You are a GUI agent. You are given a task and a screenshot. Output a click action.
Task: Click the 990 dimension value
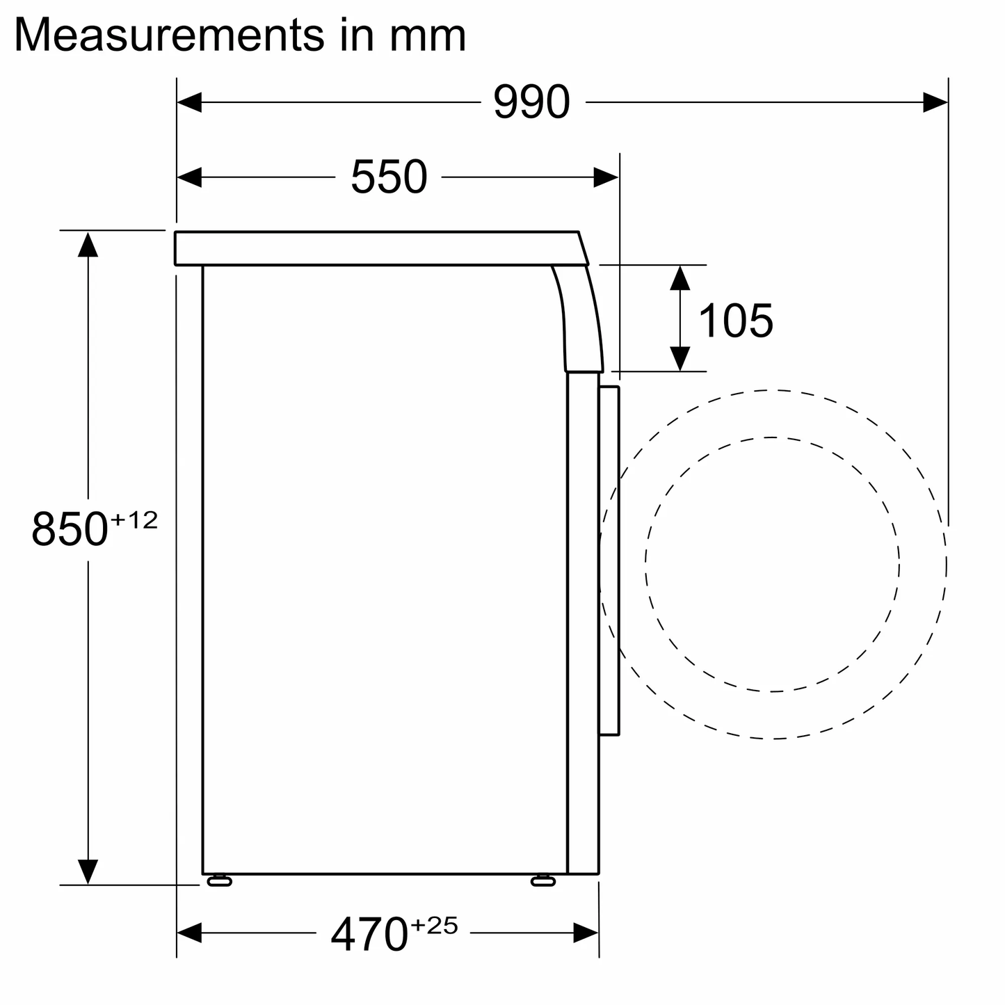click(531, 103)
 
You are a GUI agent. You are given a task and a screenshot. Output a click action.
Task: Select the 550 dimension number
click(388, 177)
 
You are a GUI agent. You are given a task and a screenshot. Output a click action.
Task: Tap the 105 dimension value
click(735, 321)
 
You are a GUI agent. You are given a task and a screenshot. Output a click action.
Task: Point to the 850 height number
click(70, 529)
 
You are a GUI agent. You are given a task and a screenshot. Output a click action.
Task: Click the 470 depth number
click(369, 934)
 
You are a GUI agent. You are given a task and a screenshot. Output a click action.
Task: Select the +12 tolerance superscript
click(134, 520)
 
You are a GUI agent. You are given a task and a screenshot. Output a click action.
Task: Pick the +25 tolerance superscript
click(434, 926)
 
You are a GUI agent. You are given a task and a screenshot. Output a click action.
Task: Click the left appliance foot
click(219, 881)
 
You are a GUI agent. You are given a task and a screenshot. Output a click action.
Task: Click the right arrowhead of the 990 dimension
click(935, 103)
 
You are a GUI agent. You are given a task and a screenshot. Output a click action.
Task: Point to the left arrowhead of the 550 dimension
click(190, 177)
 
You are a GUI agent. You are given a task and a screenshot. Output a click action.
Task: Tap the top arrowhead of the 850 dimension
click(88, 244)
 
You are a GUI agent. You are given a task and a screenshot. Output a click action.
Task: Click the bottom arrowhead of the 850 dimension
click(88, 871)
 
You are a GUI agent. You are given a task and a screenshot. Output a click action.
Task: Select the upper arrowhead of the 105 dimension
click(680, 278)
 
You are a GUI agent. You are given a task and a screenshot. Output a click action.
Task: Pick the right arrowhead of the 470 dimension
click(586, 933)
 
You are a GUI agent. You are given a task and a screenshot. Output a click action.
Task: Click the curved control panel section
click(581, 319)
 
